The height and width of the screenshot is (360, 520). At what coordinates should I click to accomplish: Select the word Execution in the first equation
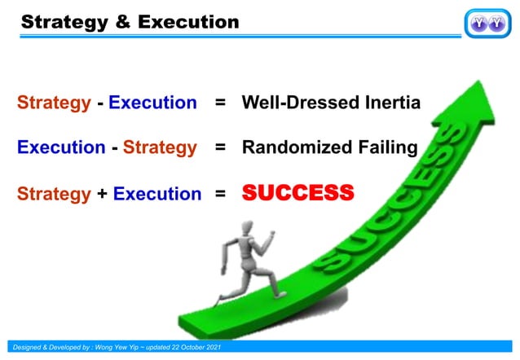tap(152, 103)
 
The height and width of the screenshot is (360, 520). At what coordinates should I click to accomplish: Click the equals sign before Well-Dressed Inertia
tap(219, 103)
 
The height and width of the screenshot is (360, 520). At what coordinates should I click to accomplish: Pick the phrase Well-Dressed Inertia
tap(329, 103)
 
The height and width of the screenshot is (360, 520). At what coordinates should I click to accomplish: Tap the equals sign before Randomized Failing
tap(219, 148)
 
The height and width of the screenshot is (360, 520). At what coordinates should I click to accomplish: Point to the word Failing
tap(387, 148)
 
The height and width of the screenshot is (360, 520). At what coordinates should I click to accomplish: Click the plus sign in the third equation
tap(102, 194)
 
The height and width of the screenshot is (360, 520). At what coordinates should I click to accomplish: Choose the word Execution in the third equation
tap(156, 194)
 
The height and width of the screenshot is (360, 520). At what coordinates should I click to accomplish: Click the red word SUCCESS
tap(297, 193)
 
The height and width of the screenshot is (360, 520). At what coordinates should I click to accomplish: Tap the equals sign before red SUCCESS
tap(219, 194)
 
